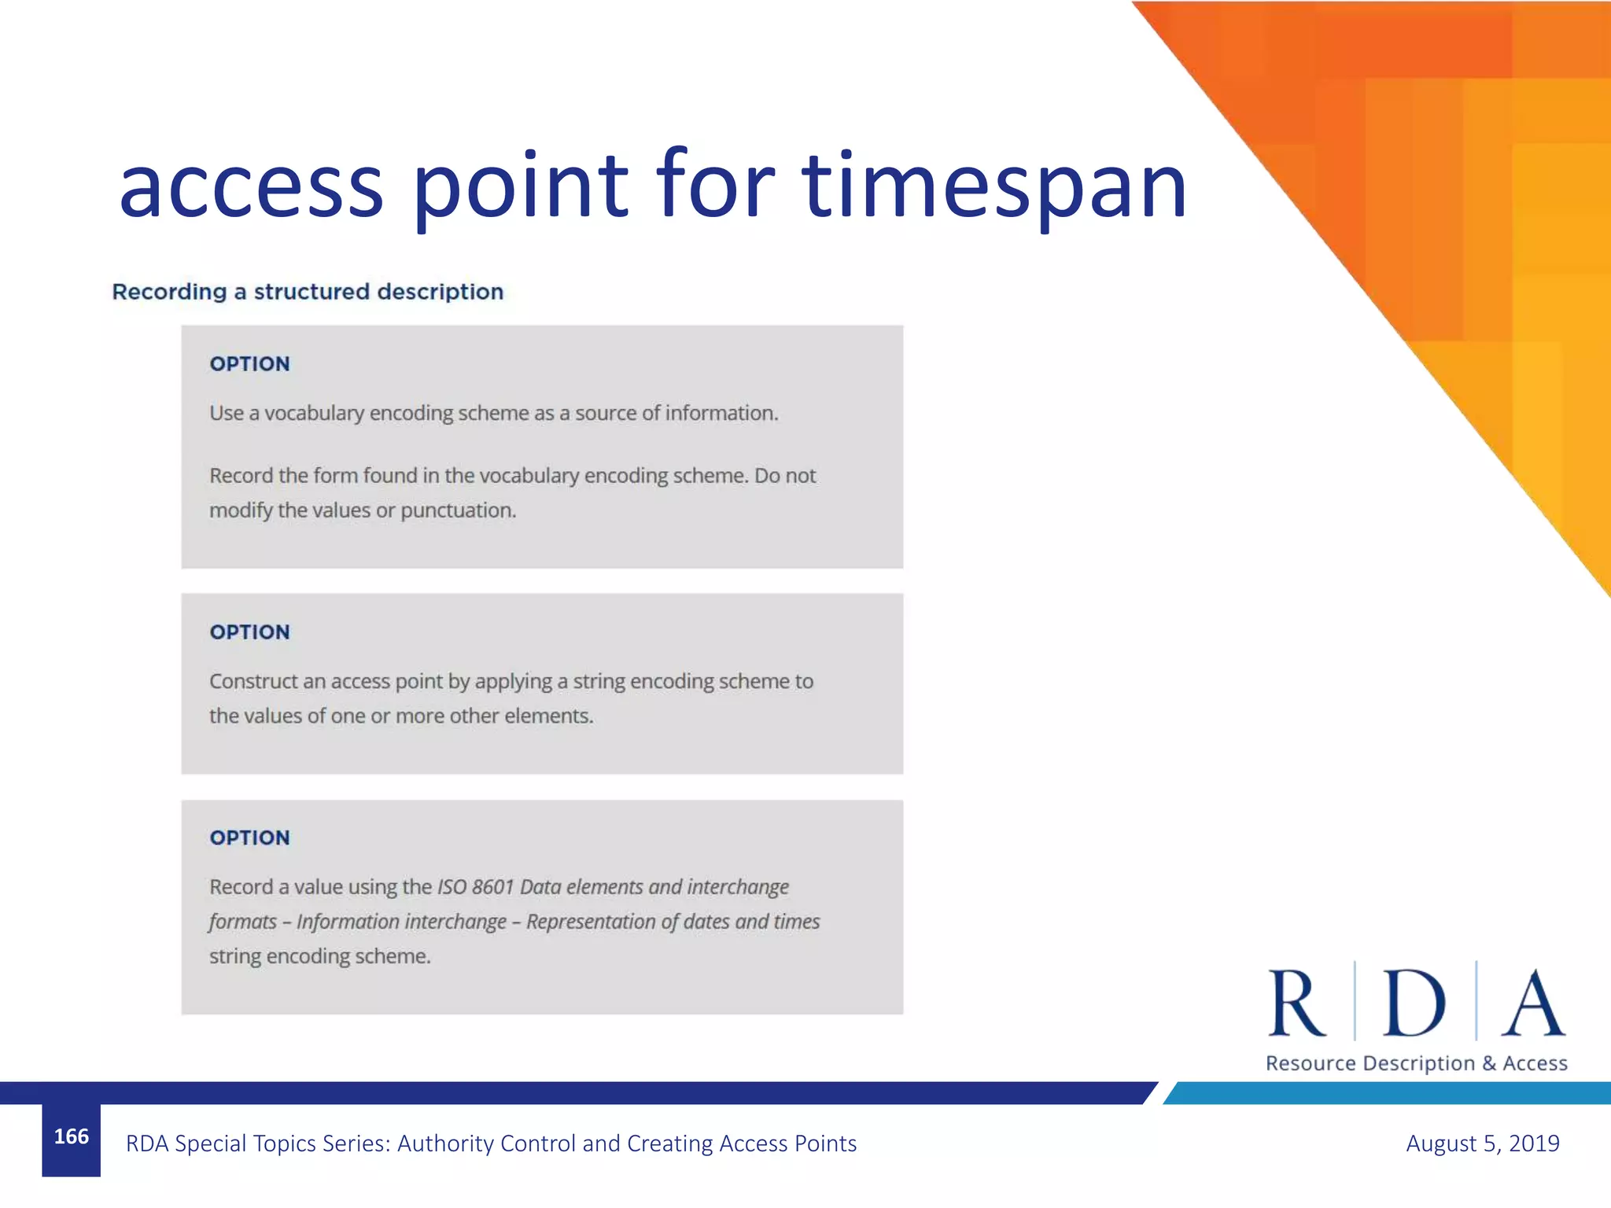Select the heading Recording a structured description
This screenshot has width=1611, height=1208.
308,292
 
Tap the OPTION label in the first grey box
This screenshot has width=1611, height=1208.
249,364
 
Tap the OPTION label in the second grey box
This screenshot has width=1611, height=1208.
249,632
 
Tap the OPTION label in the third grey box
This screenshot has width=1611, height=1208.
249,838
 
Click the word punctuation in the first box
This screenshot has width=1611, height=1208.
458,511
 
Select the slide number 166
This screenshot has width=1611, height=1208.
72,1136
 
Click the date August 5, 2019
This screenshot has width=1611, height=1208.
1482,1144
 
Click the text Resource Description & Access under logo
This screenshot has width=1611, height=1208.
1416,1063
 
